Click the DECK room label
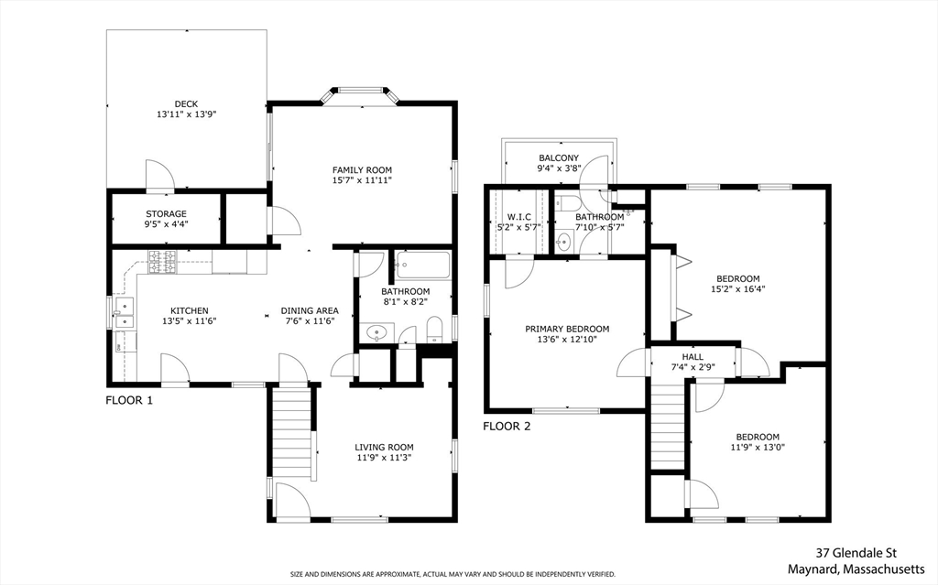(x=186, y=103)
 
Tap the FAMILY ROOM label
(x=362, y=169)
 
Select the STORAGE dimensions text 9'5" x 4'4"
(x=166, y=224)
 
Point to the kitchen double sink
(x=122, y=318)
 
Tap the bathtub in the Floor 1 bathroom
(x=422, y=267)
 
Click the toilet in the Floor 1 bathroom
(x=435, y=329)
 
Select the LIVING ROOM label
(x=385, y=448)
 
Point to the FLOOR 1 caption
(x=129, y=400)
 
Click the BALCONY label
(x=559, y=157)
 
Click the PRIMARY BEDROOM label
(x=567, y=329)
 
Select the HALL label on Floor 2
(x=693, y=356)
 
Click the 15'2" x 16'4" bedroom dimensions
(x=738, y=288)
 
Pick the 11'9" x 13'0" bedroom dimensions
(x=757, y=449)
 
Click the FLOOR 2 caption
(x=507, y=426)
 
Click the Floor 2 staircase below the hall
(x=667, y=426)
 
